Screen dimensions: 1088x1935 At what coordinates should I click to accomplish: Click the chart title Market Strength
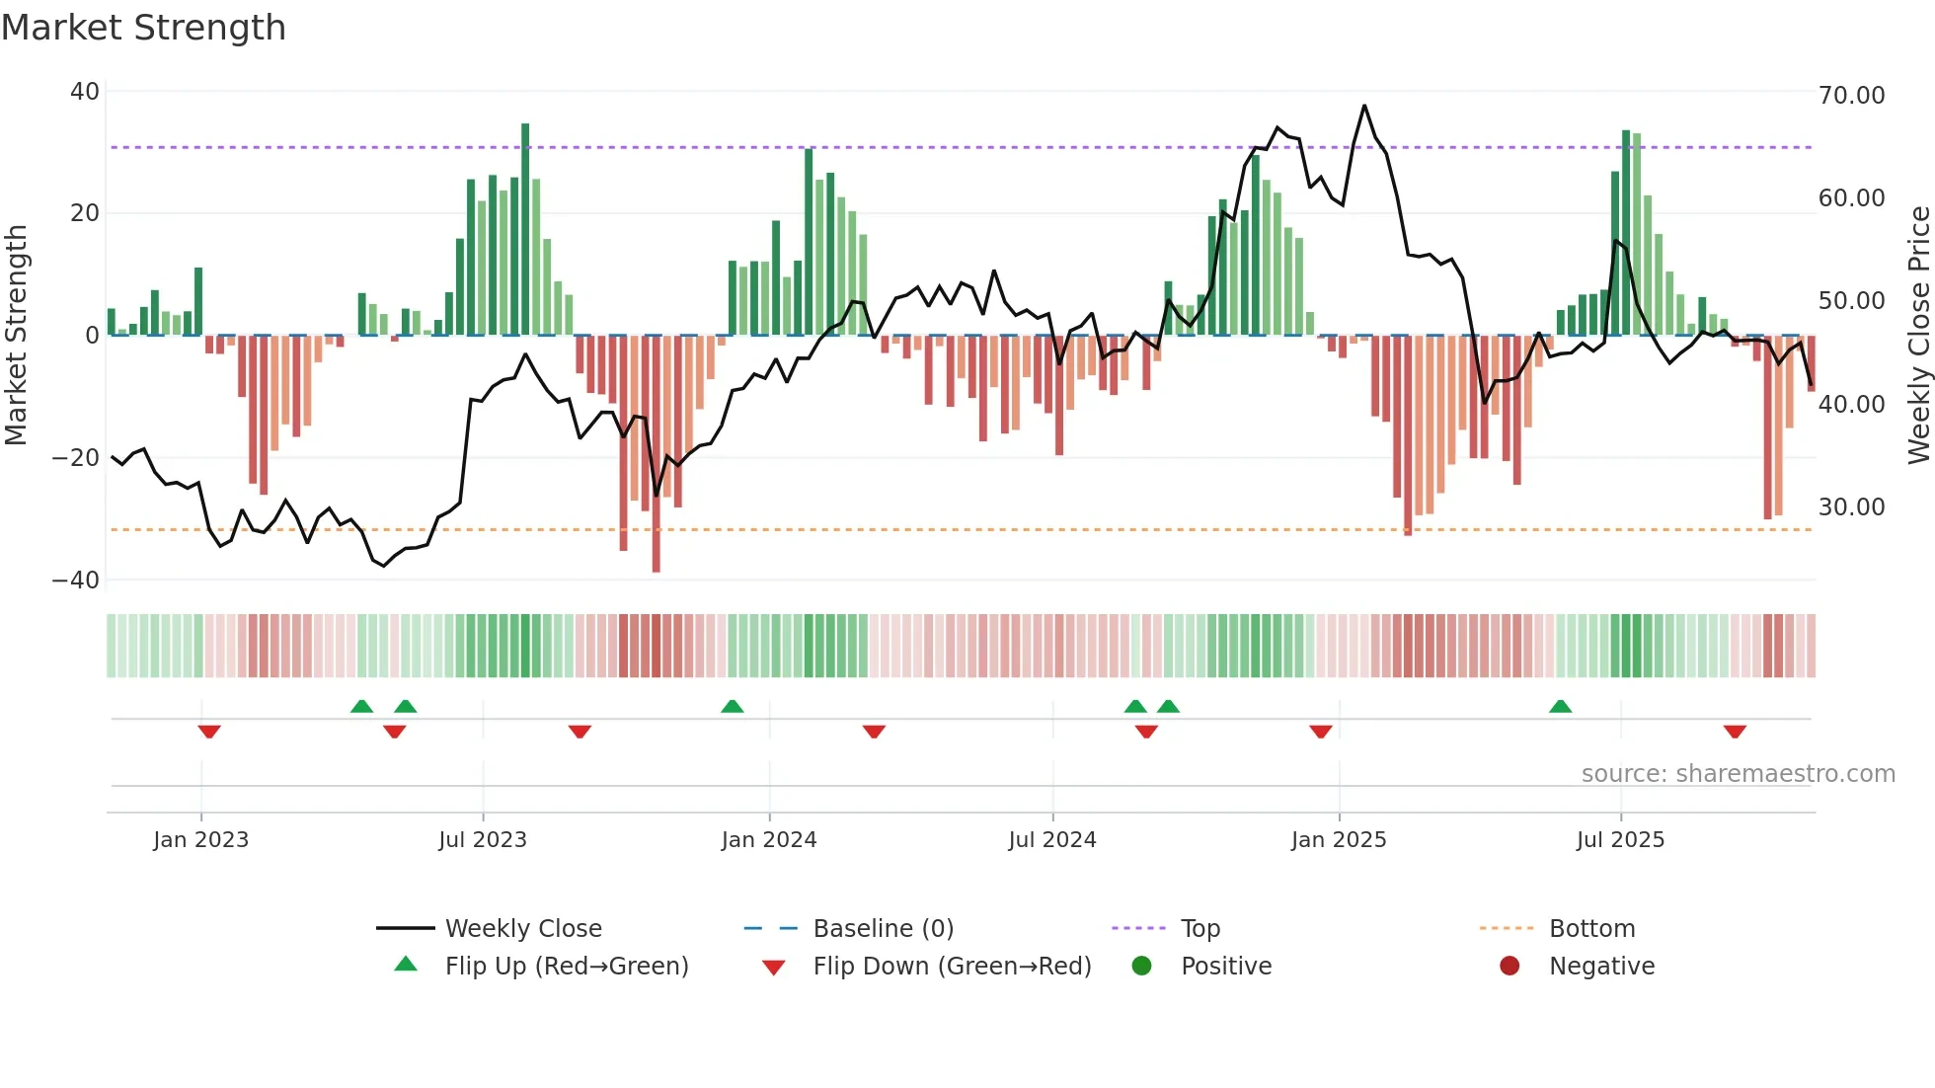point(143,28)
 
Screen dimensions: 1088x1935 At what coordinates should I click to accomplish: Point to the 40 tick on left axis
point(84,92)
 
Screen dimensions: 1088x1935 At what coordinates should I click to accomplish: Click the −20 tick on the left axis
point(76,458)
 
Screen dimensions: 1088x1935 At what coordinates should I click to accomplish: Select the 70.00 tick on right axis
point(1851,96)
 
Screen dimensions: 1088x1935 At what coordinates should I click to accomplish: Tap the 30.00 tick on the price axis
point(1851,507)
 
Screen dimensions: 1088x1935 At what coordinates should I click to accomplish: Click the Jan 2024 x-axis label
point(768,840)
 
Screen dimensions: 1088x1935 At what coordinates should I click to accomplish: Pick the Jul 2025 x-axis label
point(1620,840)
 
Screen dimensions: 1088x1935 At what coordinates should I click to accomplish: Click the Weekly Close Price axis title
point(1918,336)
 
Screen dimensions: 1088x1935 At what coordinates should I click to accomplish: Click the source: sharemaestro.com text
point(1738,774)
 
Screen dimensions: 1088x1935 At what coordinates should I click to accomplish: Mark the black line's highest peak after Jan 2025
point(1364,106)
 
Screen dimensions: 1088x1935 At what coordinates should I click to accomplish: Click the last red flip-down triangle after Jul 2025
point(1735,732)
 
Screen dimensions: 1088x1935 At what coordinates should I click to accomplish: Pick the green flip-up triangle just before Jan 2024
point(732,706)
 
